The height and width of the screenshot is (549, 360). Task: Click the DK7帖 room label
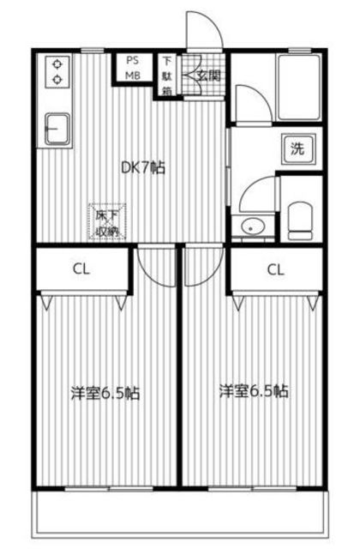143,168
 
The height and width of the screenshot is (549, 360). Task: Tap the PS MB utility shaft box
132,68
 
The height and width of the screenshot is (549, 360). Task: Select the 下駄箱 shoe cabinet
167,75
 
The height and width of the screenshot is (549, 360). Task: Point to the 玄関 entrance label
209,75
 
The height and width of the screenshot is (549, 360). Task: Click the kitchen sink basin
57,129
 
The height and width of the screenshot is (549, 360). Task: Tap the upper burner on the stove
57,64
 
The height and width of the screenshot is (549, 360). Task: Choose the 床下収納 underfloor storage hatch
106,222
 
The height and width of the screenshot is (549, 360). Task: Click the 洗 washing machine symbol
297,149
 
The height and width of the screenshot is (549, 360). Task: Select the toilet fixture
300,221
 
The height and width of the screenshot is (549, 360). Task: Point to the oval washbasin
253,226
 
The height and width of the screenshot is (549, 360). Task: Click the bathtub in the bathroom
299,87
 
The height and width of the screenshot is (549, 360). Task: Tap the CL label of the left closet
81,269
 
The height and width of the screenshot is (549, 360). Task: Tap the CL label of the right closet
275,270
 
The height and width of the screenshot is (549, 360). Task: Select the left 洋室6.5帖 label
105,393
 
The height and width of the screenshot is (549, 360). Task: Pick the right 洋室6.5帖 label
254,391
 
